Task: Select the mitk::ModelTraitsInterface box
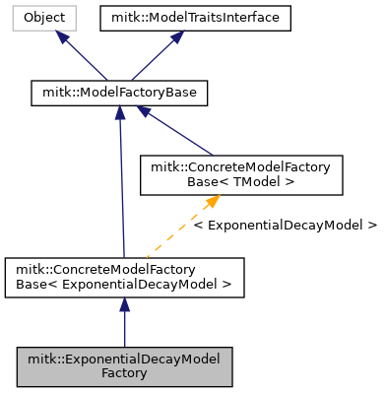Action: (x=196, y=18)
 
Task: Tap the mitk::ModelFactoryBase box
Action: (x=119, y=94)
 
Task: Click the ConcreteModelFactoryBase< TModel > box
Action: (x=242, y=174)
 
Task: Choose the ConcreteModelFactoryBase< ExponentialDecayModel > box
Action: (x=124, y=277)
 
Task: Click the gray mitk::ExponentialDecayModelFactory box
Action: (x=124, y=366)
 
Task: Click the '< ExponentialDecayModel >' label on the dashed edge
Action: (x=286, y=226)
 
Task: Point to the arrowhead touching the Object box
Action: (x=63, y=36)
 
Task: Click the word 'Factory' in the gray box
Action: (x=124, y=373)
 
